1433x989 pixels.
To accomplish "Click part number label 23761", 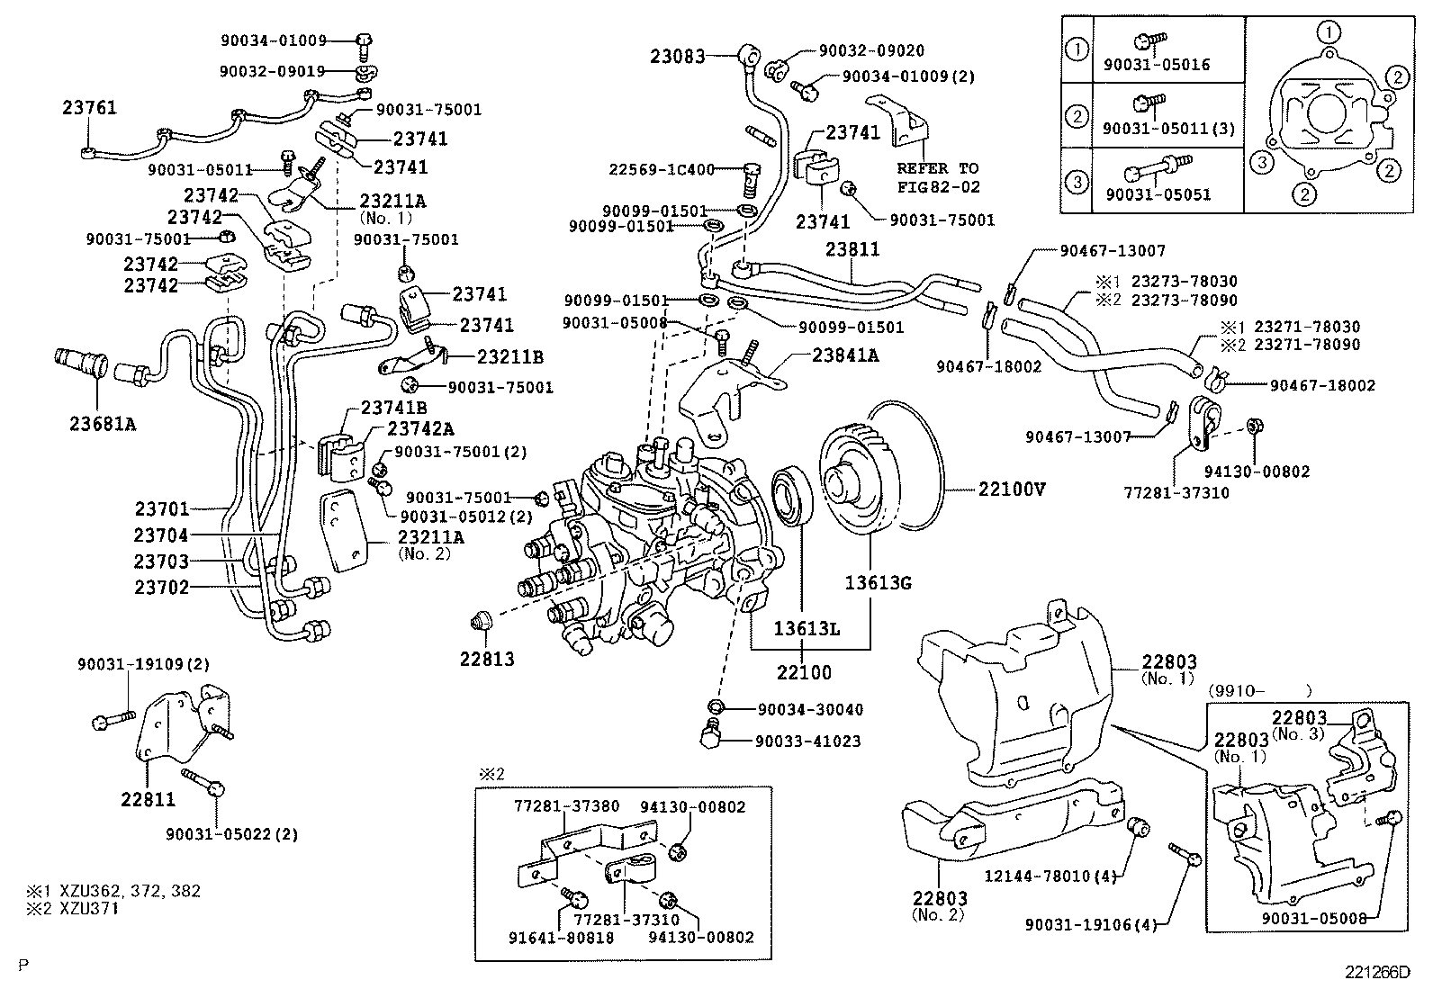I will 89,109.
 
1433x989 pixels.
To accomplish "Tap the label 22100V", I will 1012,490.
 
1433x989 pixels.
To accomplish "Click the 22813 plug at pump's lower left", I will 482,620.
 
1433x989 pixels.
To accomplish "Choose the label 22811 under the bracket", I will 149,799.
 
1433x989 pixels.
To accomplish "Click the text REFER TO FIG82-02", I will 937,177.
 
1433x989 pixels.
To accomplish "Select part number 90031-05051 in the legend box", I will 1158,195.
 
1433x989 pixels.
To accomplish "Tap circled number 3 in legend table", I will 1077,182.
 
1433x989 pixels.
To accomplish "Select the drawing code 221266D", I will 1378,972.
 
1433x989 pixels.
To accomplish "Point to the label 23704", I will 161,536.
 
